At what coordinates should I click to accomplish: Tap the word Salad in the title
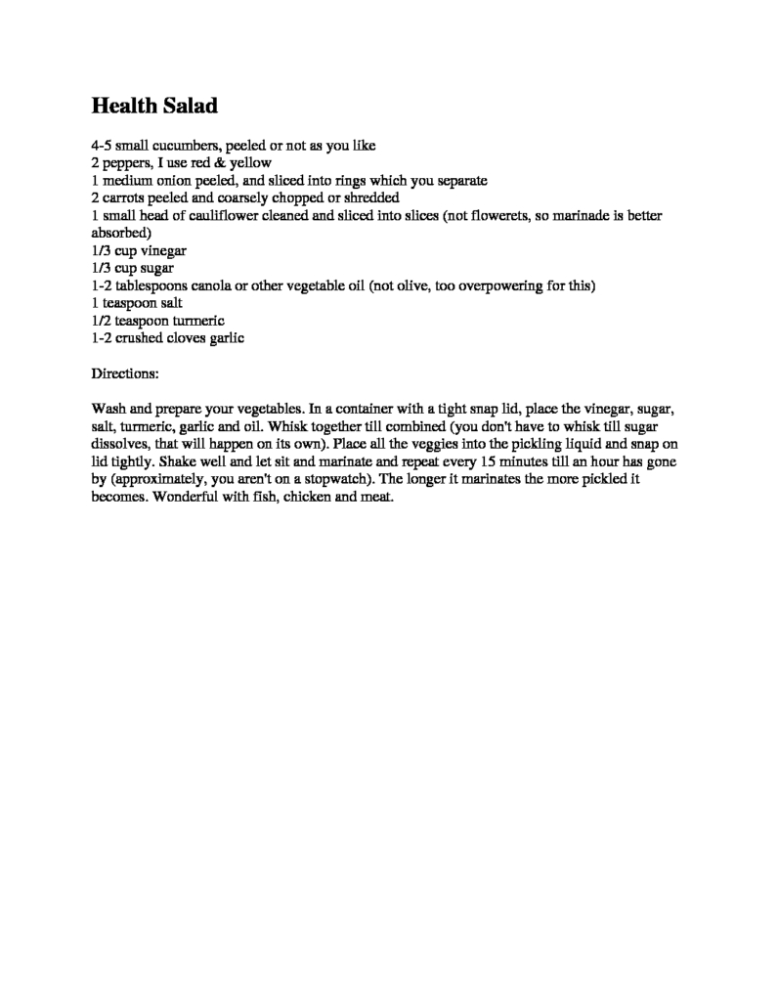point(192,105)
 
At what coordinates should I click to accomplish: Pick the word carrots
point(127,198)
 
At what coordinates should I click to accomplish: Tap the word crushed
point(147,339)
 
